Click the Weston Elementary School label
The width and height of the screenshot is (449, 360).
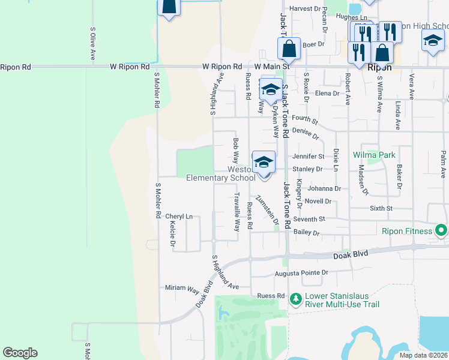pyautogui.click(x=220, y=173)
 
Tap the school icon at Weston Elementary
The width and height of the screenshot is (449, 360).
pyautogui.click(x=263, y=161)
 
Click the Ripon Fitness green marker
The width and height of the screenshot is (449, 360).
pyautogui.click(x=441, y=231)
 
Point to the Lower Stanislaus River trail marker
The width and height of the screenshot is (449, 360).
pyautogui.click(x=295, y=298)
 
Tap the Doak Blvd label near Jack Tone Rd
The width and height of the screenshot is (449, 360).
pyautogui.click(x=351, y=256)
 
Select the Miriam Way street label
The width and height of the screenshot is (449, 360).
pyautogui.click(x=182, y=288)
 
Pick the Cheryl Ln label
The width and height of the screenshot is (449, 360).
pyautogui.click(x=179, y=217)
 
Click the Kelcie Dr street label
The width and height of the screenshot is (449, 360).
pyautogui.click(x=172, y=234)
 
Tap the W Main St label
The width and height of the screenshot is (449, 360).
pyautogui.click(x=272, y=67)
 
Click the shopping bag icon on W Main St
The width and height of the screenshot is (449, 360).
pyautogui.click(x=289, y=49)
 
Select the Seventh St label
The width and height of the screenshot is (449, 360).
pyautogui.click(x=313, y=220)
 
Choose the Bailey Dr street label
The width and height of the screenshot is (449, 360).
pyautogui.click(x=306, y=233)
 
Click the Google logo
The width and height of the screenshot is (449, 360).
pyautogui.click(x=20, y=353)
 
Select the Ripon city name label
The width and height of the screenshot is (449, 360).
pyautogui.click(x=379, y=67)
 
